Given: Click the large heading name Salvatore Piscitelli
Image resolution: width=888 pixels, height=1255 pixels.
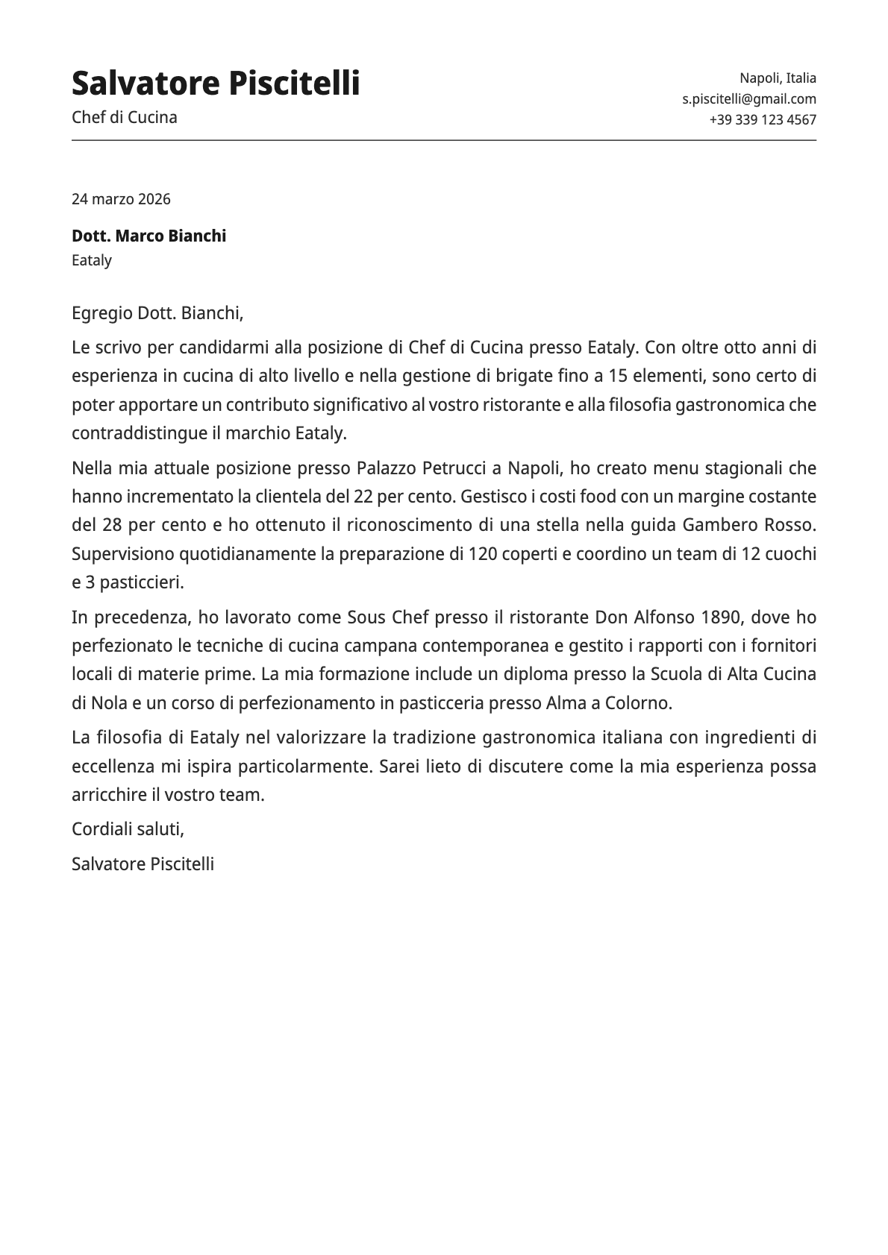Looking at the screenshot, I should pos(216,83).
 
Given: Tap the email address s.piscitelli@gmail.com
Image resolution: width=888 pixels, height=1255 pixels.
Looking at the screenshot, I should pos(748,99).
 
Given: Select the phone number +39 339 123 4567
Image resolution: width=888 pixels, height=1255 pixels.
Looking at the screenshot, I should pos(762,120).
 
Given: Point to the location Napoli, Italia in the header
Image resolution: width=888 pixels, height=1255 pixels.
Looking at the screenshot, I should pos(778,78).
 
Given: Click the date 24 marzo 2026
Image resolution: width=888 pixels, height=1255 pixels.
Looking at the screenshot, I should pos(121,199).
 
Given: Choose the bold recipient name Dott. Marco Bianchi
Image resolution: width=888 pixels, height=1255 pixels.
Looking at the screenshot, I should pos(148,236).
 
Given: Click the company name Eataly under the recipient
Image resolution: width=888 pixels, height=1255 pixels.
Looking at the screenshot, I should pos(92,260).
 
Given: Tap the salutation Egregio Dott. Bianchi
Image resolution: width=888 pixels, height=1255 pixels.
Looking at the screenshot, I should pos(157,313).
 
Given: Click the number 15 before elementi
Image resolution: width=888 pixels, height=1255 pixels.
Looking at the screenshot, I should pos(617,376).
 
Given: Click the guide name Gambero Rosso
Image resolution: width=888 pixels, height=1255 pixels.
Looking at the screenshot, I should pos(749,525).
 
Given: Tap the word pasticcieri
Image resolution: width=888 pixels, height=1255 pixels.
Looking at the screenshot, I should pos(139,582).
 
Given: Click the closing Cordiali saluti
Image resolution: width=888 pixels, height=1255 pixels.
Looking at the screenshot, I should pos(128,829).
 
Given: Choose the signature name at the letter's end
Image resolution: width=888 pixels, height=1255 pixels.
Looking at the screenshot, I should pos(143,864).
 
